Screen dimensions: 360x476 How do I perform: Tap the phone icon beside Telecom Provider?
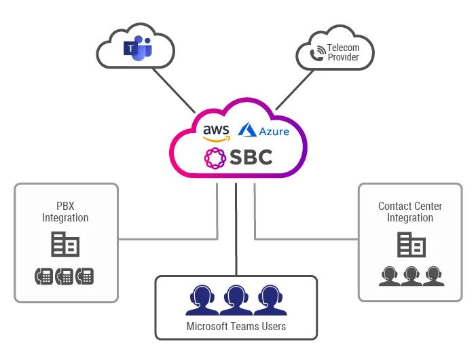tap(317, 54)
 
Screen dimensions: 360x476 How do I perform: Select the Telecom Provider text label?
tap(343, 52)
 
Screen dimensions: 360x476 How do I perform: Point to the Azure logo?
tap(264, 130)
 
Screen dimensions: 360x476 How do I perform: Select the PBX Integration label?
tap(65, 212)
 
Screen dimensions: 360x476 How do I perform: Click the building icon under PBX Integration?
tap(66, 245)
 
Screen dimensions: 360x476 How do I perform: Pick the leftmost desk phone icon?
tap(43, 276)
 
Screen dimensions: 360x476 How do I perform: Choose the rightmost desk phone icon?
tap(85, 276)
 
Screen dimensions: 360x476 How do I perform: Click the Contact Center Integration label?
tap(410, 212)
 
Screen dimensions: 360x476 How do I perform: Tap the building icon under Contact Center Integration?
tap(411, 245)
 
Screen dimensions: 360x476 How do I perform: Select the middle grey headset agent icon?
tap(411, 275)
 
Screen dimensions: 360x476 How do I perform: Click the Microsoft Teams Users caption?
tap(236, 327)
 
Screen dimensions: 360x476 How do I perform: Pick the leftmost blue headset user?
tap(202, 300)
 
